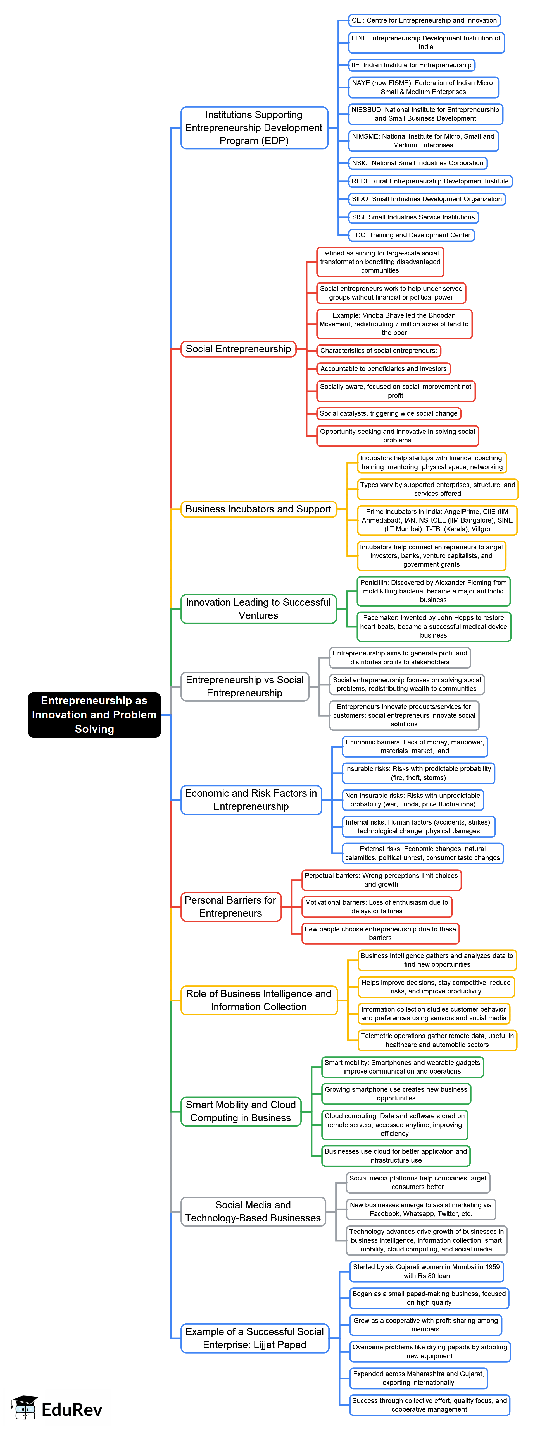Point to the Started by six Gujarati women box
tap(427, 1271)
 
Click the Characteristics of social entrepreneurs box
tap(378, 351)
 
